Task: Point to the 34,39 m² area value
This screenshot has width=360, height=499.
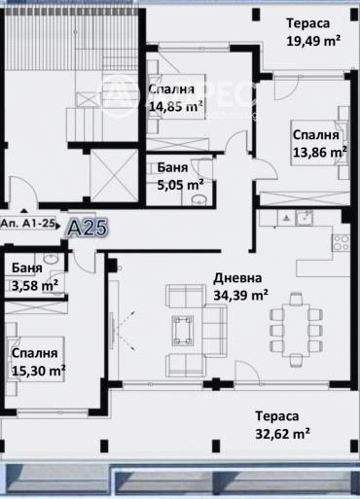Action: click(x=239, y=294)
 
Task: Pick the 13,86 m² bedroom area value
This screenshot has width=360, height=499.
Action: click(x=320, y=152)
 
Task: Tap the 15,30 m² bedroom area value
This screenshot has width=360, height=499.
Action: click(x=38, y=371)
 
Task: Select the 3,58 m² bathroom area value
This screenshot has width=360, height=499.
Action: click(x=35, y=285)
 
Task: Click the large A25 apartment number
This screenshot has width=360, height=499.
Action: click(x=86, y=228)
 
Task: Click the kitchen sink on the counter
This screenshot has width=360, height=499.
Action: click(x=305, y=219)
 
